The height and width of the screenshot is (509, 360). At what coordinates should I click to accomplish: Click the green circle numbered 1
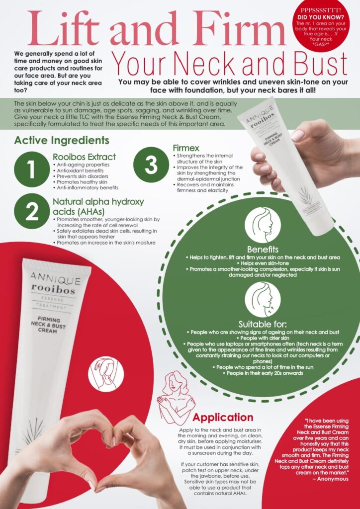coord(32,169)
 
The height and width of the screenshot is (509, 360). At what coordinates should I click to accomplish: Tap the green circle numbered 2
coord(32,211)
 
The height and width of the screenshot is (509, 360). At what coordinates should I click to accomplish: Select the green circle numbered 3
coord(151,165)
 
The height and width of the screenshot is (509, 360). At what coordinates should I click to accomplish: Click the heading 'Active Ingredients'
coord(62,141)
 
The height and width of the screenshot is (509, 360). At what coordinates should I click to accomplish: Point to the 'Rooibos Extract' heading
coord(84,157)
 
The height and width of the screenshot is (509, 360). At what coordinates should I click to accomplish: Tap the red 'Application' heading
coord(223,417)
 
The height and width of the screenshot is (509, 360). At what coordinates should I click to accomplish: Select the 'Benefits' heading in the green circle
coord(262,250)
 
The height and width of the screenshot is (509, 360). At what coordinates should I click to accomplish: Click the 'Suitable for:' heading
coord(263,324)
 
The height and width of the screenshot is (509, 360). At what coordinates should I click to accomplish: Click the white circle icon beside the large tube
coord(106,374)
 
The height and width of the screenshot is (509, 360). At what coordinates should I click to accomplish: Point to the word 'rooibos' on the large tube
coord(52,288)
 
